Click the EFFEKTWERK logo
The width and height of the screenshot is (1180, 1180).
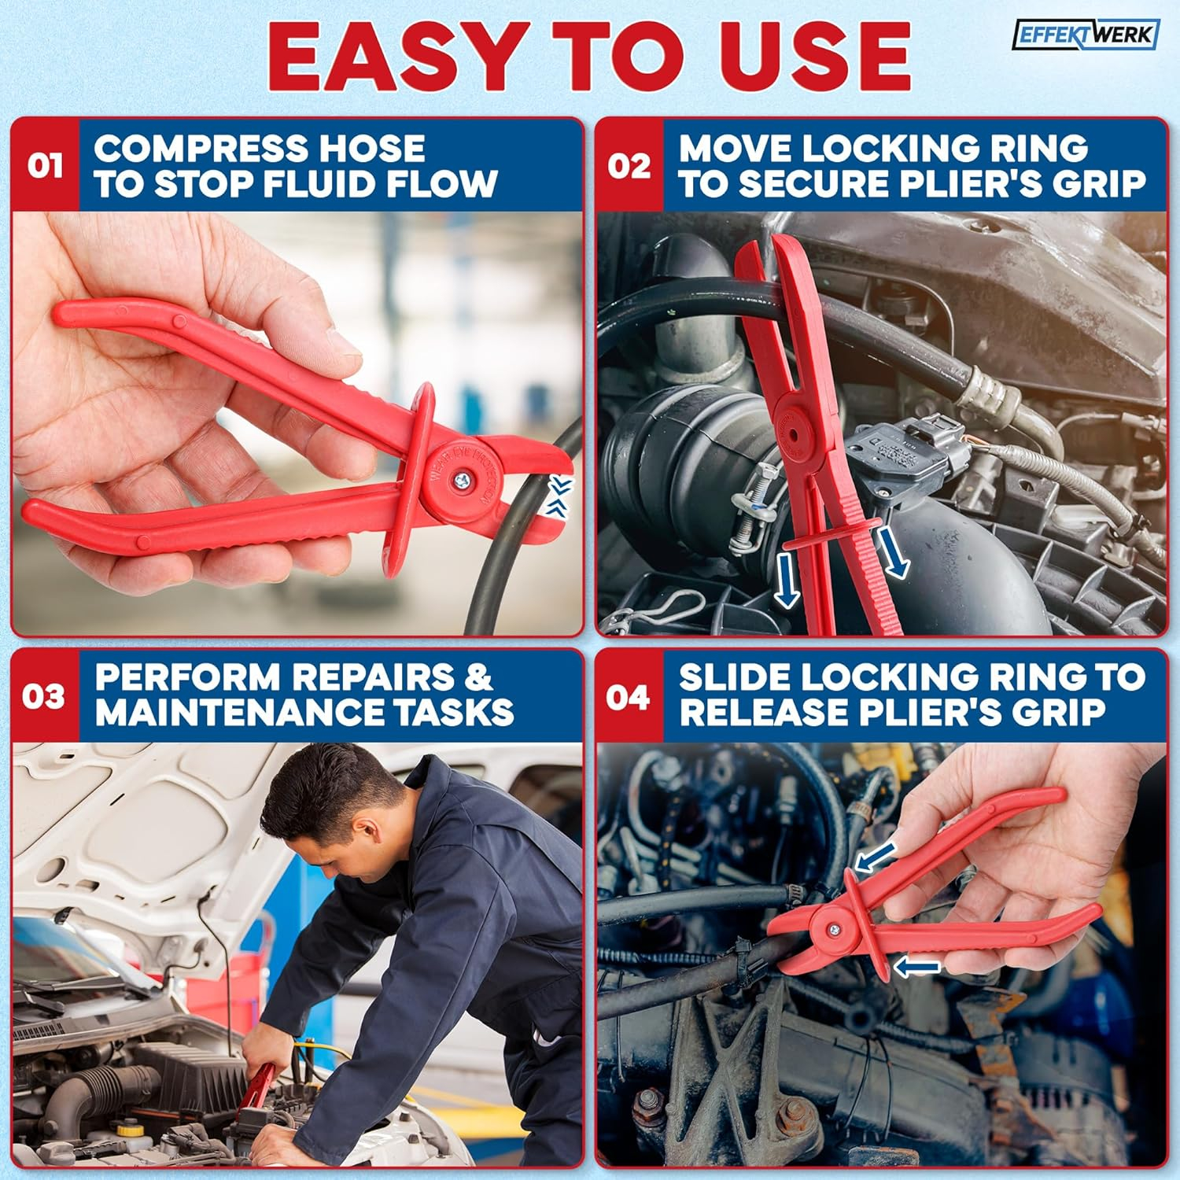click(1085, 35)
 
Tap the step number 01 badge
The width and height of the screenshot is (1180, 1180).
click(45, 166)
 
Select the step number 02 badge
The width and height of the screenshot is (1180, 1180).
click(629, 166)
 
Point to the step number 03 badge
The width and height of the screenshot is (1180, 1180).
click(45, 697)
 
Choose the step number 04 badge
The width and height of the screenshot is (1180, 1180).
click(629, 697)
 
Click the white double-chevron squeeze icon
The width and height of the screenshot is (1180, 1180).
click(560, 496)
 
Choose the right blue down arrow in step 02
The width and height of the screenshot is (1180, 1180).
click(893, 551)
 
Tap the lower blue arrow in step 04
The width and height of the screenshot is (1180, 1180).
click(917, 967)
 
